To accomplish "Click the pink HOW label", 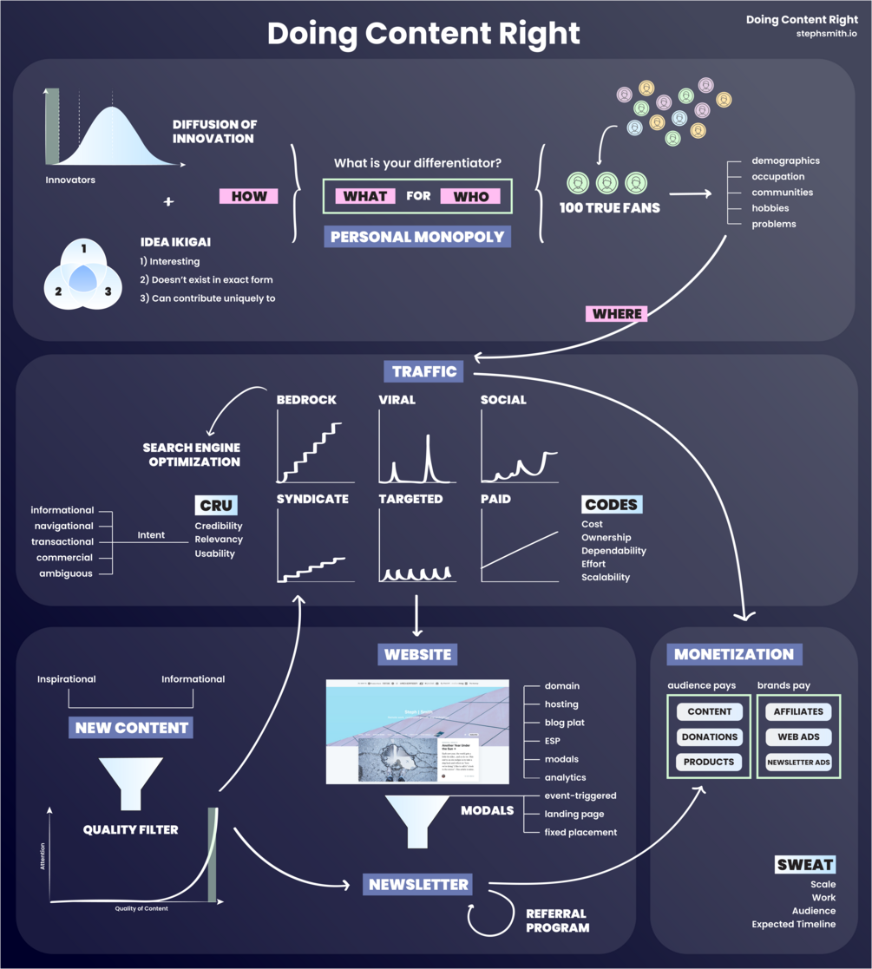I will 249,196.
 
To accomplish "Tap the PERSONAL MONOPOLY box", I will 417,235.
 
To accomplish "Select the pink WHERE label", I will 617,313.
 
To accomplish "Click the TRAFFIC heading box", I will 423,371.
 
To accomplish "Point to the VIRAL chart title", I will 397,400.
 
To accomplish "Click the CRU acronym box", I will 215,505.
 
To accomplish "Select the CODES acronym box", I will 611,504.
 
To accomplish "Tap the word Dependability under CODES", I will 613,551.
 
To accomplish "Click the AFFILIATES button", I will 798,711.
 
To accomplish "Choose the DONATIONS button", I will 710,737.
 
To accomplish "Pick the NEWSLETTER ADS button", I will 798,763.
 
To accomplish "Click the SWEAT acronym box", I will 805,864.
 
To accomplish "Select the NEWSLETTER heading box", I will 418,884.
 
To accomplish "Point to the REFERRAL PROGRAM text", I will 557,920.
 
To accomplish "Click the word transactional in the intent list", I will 62,541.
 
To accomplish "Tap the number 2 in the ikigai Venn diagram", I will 58,291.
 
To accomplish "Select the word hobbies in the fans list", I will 770,208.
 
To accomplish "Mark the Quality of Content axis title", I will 141,908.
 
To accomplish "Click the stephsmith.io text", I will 826,34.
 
